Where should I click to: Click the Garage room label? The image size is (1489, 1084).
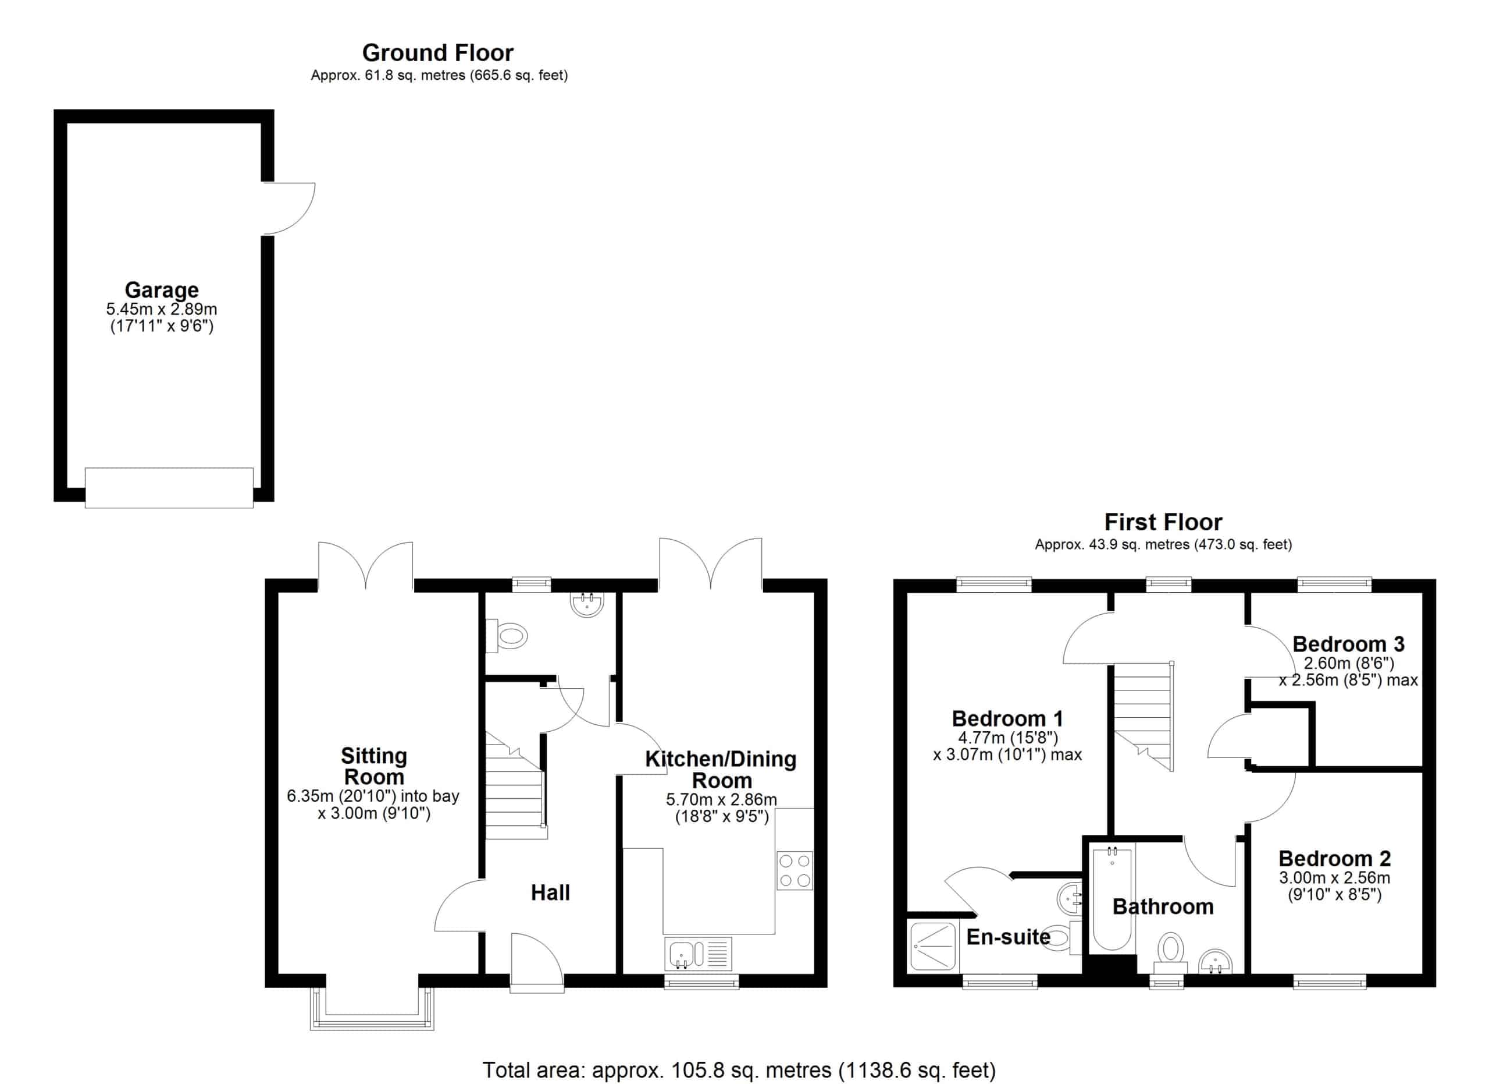pos(162,290)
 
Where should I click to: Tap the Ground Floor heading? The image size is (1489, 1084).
pos(438,52)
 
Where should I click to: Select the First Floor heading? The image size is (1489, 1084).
pos(1163,522)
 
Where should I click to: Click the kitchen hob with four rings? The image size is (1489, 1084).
pos(795,870)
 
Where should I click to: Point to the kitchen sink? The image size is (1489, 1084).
pos(699,954)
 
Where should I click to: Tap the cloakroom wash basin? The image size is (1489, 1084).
pos(587,604)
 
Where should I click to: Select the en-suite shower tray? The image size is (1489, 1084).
pos(933,946)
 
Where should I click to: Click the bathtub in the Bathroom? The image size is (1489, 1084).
pos(1112,898)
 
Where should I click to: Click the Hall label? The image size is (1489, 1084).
pos(550,892)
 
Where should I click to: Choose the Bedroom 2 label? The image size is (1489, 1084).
pos(1335,858)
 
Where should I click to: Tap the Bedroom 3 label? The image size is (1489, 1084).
pos(1348,644)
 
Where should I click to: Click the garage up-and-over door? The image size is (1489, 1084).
pos(169,487)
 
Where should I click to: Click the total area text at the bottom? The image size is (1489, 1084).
pos(739,1070)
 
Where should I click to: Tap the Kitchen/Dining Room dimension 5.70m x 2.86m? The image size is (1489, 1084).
pos(721,799)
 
